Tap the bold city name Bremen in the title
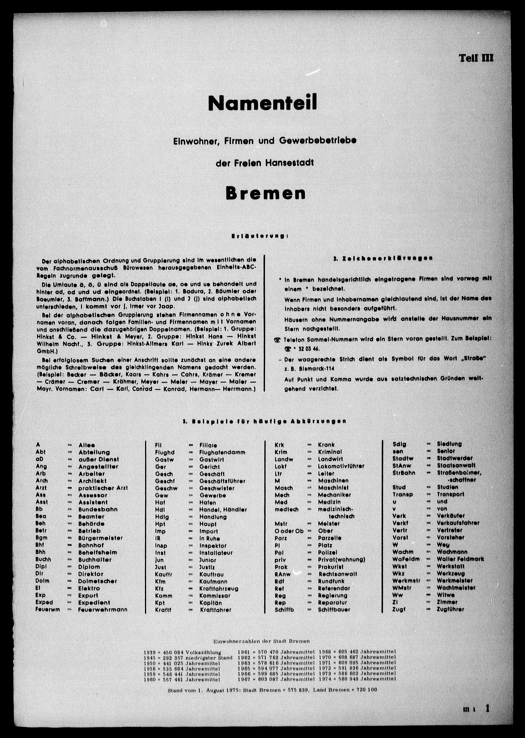click(x=265, y=193)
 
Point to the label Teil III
click(x=476, y=58)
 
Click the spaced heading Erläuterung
click(x=259, y=236)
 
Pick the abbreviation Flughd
click(x=165, y=452)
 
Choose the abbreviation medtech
click(x=286, y=509)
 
